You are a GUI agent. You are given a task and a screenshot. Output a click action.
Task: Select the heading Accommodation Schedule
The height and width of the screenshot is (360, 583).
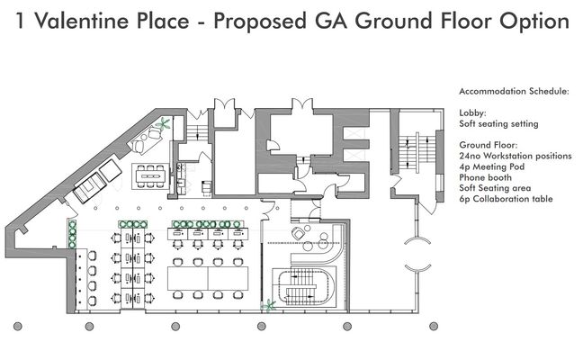[x=514, y=91]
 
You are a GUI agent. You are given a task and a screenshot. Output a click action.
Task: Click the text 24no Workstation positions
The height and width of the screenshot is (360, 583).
[x=516, y=156]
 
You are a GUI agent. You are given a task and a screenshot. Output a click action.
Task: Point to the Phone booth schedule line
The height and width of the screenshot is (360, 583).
[x=485, y=177]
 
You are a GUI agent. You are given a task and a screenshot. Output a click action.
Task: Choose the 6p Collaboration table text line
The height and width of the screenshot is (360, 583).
[x=506, y=199]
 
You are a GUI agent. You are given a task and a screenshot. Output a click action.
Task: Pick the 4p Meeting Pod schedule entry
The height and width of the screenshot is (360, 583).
[x=491, y=166]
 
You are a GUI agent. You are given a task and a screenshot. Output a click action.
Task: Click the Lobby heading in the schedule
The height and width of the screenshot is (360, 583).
[x=472, y=113]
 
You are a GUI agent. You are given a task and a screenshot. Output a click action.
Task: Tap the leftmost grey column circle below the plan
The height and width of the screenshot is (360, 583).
[x=17, y=327]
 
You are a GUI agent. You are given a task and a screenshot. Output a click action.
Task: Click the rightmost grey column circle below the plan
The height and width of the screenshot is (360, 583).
[x=433, y=327]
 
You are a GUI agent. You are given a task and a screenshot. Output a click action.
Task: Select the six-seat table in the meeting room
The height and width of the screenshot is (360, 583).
[x=150, y=175]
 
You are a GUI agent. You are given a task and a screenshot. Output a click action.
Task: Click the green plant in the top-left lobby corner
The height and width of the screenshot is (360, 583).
[x=164, y=123]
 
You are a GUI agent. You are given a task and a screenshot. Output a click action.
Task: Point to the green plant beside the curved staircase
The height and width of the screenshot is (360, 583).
[x=268, y=305]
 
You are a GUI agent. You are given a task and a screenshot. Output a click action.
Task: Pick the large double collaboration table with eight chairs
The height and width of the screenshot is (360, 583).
[x=208, y=278]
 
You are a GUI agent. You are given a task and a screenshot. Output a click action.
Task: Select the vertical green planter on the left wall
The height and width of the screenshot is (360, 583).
[x=72, y=234]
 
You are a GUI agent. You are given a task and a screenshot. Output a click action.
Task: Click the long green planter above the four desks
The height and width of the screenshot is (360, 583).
[x=208, y=224]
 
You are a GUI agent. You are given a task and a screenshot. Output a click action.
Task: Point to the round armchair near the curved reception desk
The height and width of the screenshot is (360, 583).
[x=298, y=234]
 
